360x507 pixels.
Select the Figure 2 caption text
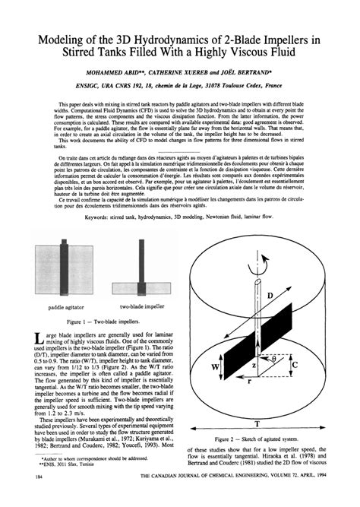tap(258, 439)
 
